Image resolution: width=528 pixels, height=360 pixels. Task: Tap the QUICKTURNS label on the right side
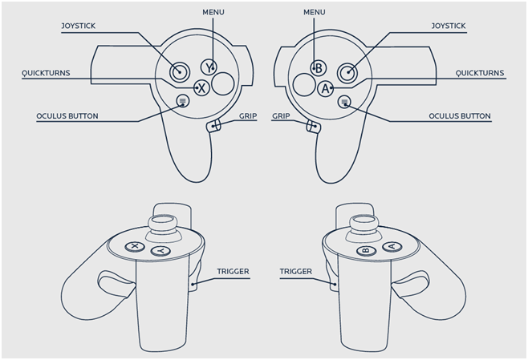pos(478,73)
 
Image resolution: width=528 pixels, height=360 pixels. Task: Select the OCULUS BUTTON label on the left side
pos(67,116)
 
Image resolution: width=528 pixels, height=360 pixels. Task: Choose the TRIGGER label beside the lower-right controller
pos(295,272)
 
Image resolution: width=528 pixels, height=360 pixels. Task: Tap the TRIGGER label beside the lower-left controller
pos(233,272)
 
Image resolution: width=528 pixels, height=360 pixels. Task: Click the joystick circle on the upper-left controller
pos(179,72)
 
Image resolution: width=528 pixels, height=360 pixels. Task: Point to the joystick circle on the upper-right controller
pos(347,72)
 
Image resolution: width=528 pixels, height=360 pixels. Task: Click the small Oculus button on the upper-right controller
pos(343,101)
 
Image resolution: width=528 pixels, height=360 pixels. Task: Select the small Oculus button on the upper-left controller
pos(183,101)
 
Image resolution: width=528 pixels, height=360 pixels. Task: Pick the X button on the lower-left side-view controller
pos(136,246)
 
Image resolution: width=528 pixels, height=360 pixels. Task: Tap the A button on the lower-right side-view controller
pos(389,246)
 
